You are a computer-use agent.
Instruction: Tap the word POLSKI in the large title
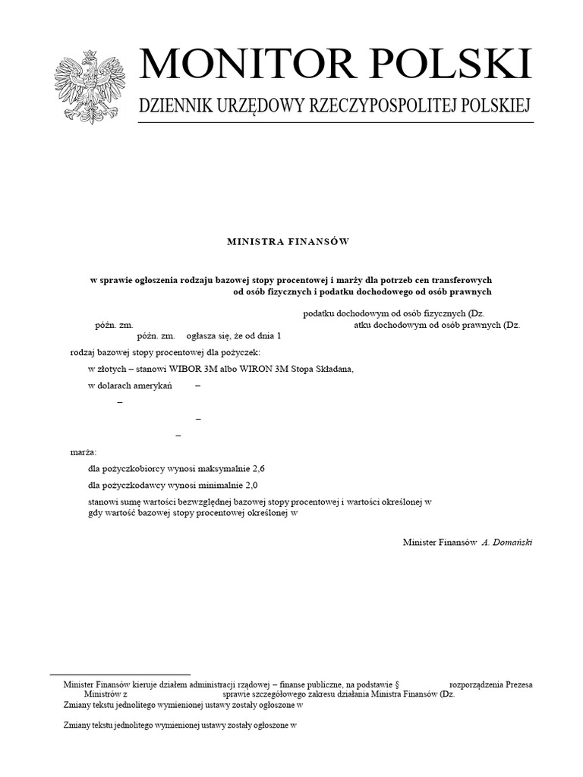[455, 65]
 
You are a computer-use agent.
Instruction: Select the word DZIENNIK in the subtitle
[174, 107]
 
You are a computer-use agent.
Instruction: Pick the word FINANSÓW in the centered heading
[318, 241]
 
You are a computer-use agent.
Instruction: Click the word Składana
[333, 370]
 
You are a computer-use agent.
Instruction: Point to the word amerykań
[156, 386]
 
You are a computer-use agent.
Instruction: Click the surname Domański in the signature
[514, 543]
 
